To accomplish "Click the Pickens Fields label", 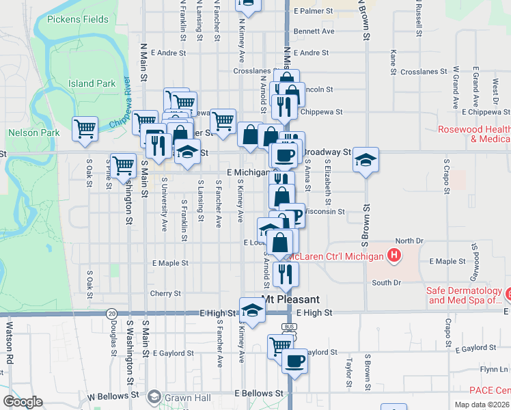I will pos(78,19).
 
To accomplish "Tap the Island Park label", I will pos(92,83).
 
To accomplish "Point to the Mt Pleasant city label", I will pos(291,299).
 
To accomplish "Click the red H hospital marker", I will pos(393,256).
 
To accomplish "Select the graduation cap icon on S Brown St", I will pos(365,160).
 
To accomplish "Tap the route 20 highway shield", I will pos(111,312).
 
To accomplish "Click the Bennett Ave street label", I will pos(314,31).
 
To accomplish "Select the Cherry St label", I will pos(165,293).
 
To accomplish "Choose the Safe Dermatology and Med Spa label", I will pos(464,295).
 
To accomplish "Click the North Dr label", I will pos(410,241).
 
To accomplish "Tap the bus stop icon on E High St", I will pos(290,327).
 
